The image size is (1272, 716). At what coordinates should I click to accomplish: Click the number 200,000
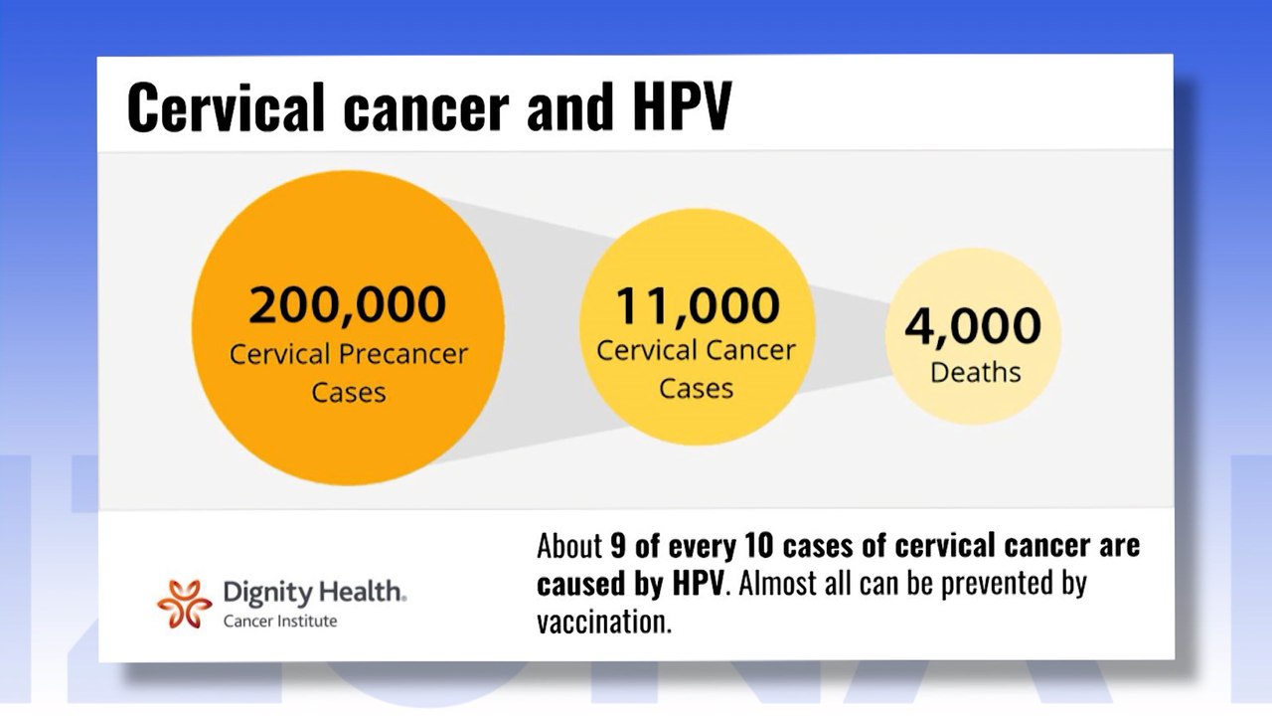(347, 305)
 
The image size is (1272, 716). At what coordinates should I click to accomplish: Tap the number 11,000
(697, 305)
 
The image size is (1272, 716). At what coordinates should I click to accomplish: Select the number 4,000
(973, 327)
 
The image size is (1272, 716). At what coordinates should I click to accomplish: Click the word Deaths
(975, 373)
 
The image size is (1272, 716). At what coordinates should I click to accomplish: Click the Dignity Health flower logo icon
(184, 604)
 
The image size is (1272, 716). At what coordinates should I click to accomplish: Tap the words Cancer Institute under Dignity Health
(279, 622)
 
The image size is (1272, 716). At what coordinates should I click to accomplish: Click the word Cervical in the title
(227, 107)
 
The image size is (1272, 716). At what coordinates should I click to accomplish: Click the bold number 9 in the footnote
(620, 546)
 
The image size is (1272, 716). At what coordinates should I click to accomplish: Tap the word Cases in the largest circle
(348, 392)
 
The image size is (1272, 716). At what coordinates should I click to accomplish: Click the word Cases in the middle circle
(696, 388)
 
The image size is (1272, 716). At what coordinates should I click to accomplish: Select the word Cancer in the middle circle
(751, 351)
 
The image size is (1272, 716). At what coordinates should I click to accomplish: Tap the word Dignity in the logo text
(259, 594)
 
